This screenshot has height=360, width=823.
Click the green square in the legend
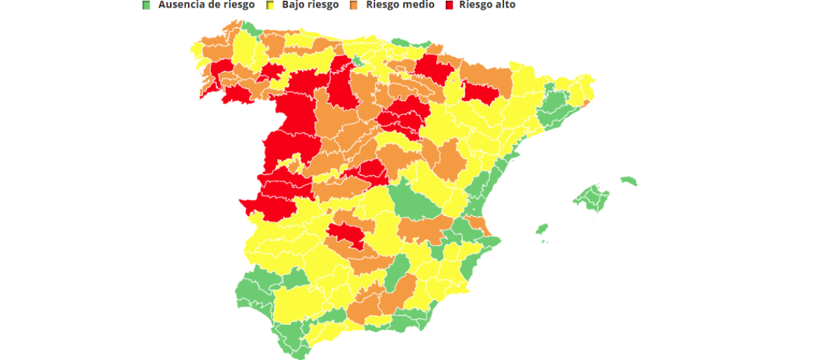pos(145,5)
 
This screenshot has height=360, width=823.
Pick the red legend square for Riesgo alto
pos(450,5)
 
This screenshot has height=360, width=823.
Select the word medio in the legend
pos(418,5)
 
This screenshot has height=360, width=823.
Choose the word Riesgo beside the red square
pos(476,5)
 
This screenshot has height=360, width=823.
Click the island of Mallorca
pos(591,197)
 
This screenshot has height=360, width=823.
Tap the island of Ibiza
pos(542,228)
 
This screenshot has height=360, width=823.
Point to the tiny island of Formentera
pos(545,241)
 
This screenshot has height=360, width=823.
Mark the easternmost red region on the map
pos(477,92)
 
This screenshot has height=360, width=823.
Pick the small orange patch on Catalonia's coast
pos(585,104)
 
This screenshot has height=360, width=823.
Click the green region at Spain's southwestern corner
pos(257,291)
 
